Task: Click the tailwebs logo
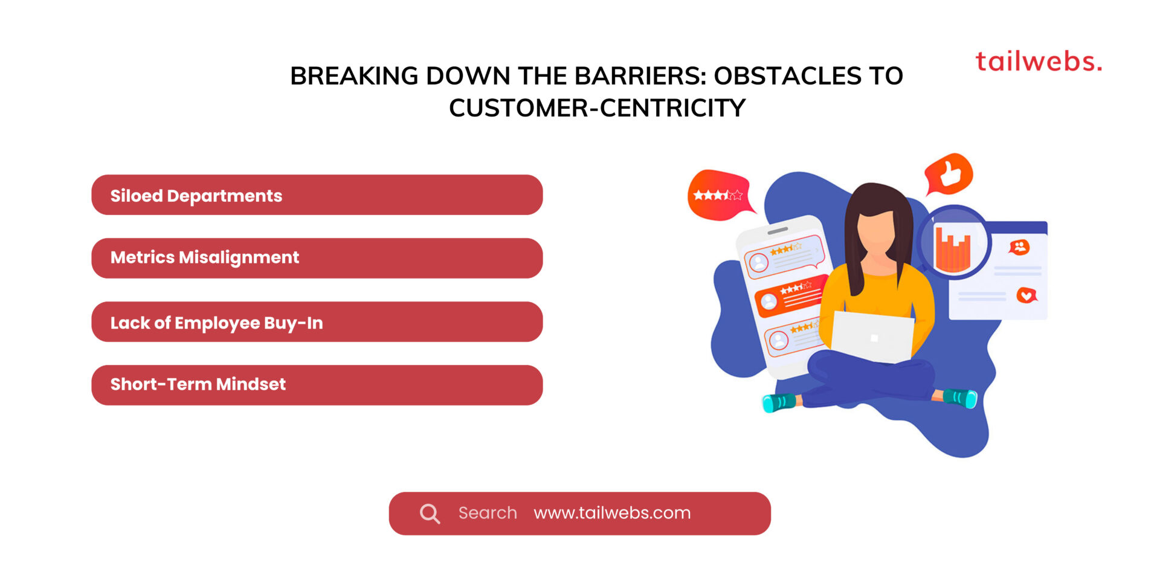coord(1039,62)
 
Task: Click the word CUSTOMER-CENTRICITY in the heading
coord(597,108)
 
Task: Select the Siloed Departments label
coord(196,196)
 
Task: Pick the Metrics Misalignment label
coord(205,257)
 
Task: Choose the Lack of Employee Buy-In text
coord(216,323)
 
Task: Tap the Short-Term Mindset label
coord(198,384)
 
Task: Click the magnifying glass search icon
coord(430,514)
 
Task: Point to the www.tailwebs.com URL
coord(612,513)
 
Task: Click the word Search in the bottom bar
coord(488,513)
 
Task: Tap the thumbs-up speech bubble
coord(949,173)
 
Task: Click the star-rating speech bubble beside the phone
coord(719,195)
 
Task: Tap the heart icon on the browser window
coord(1026,295)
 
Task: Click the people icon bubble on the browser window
coord(1019,246)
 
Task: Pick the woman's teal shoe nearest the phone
coord(779,402)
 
